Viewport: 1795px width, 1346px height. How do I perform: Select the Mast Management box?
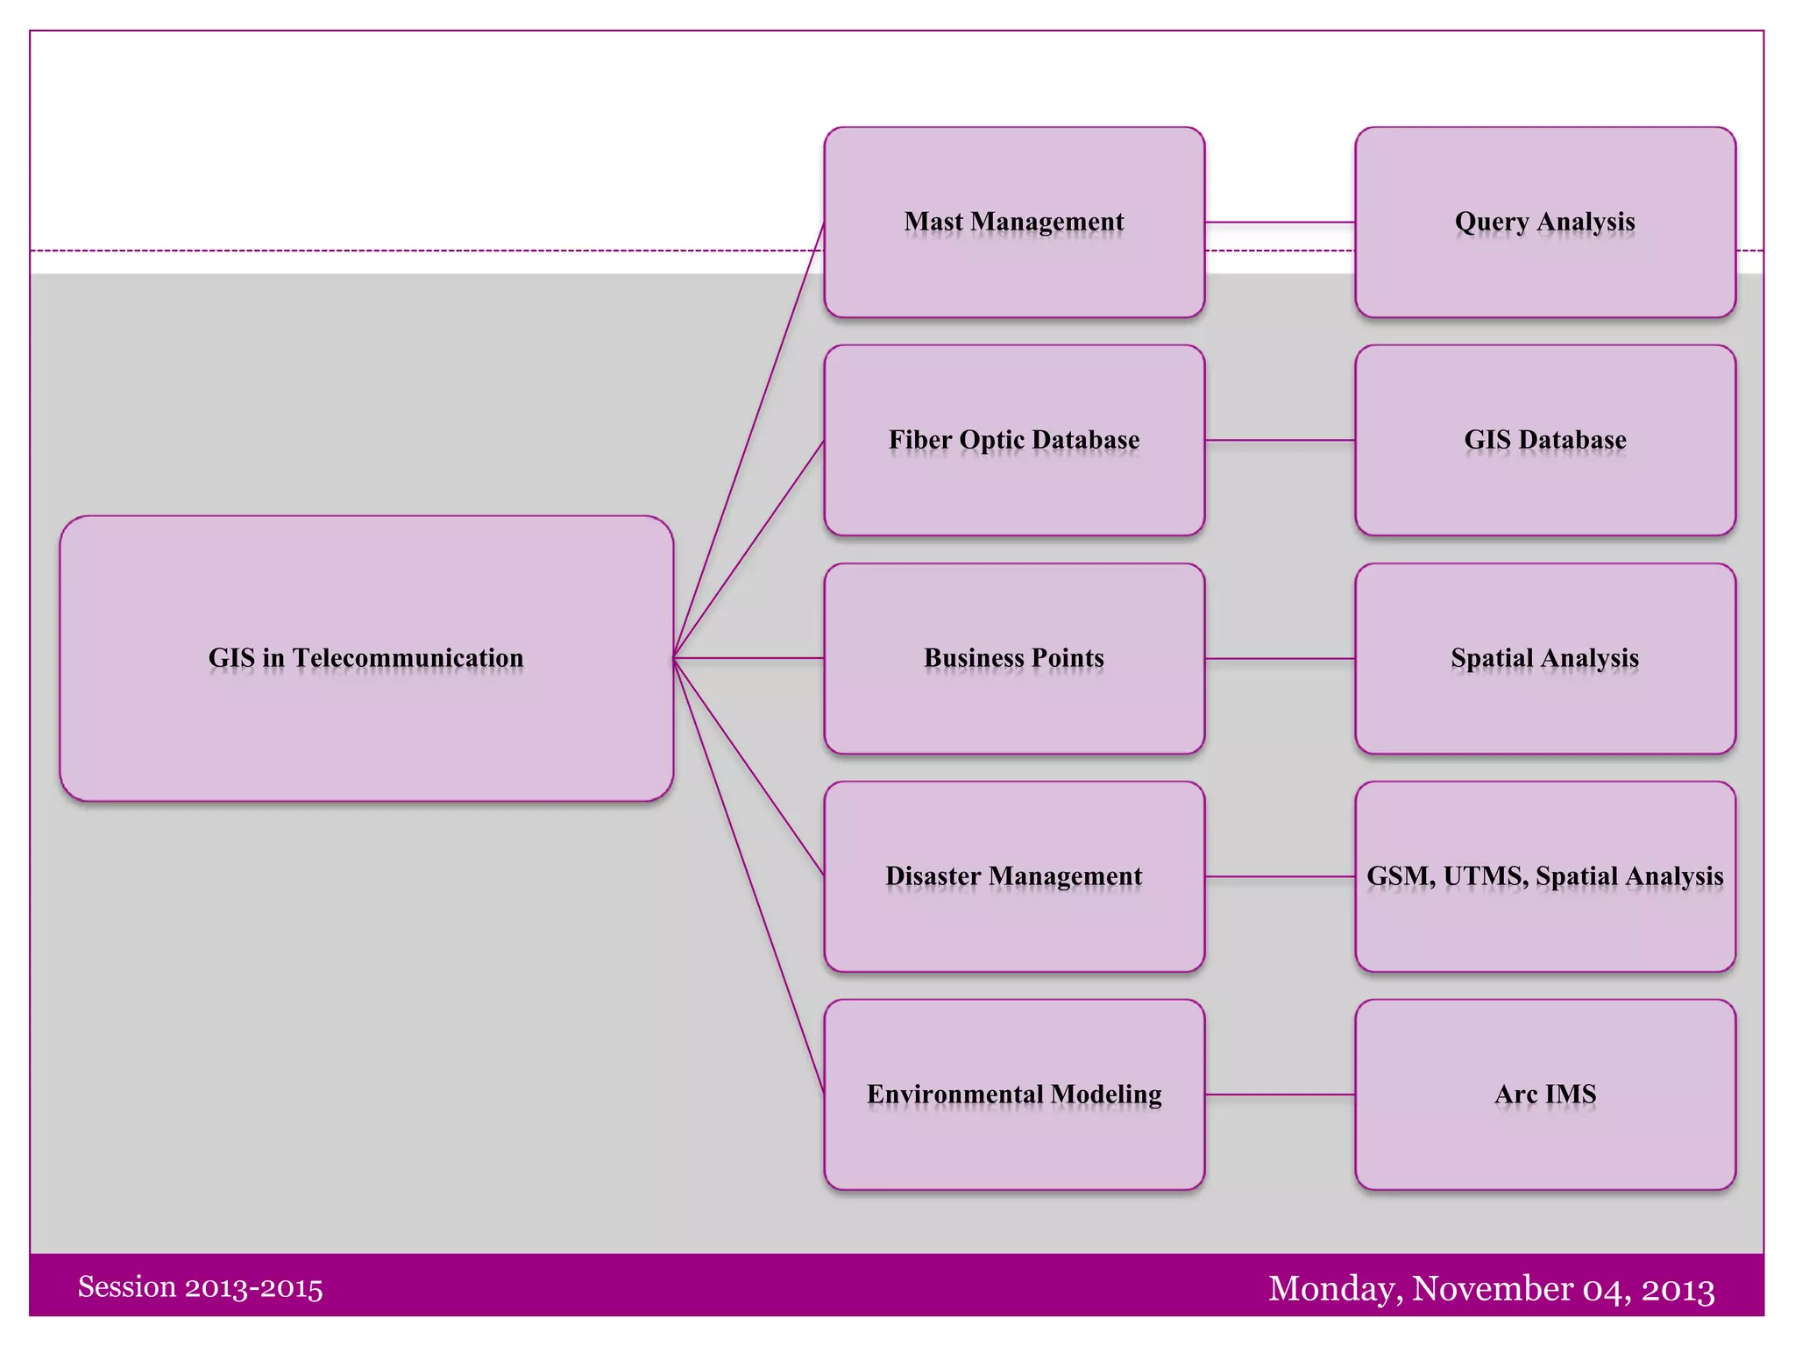(x=1014, y=263)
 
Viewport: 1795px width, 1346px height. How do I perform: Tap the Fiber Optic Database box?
(x=1014, y=482)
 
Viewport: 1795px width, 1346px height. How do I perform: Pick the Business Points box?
(x=1014, y=701)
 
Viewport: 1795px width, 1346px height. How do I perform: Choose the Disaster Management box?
(x=1014, y=920)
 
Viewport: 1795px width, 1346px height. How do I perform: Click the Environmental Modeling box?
(x=1014, y=1139)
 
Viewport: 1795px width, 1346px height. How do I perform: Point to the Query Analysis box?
(x=1545, y=263)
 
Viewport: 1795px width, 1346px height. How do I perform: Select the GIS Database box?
(x=1545, y=482)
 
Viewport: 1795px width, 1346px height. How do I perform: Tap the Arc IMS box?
(x=1545, y=1139)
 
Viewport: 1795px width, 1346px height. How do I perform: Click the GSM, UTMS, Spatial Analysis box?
(x=1545, y=920)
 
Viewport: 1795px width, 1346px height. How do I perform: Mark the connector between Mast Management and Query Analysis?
(x=1280, y=223)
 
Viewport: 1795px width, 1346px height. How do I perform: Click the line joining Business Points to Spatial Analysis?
(x=1280, y=658)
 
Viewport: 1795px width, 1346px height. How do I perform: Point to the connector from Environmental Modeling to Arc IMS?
(x=1280, y=1095)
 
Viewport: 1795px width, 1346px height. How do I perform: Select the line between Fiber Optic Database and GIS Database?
(x=1280, y=440)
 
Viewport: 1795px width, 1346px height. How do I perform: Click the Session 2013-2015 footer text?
(x=200, y=1287)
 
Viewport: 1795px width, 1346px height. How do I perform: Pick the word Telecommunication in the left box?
(x=408, y=658)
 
